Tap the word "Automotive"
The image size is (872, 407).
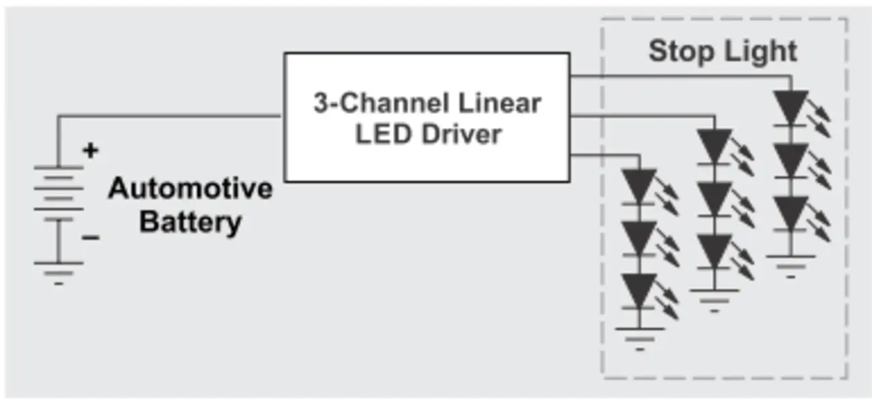(x=189, y=189)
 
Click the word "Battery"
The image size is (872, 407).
(x=190, y=222)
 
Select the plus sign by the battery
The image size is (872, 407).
(x=90, y=151)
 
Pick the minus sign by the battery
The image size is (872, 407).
(x=91, y=238)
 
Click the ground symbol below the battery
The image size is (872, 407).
(x=59, y=272)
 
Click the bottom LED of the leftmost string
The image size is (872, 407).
(x=639, y=291)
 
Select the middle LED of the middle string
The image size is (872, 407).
(x=715, y=199)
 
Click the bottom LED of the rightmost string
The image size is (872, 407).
(x=791, y=213)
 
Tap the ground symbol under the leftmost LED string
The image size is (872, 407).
(x=639, y=338)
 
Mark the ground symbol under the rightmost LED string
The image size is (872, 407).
(x=790, y=265)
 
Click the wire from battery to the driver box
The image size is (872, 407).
(x=170, y=116)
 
